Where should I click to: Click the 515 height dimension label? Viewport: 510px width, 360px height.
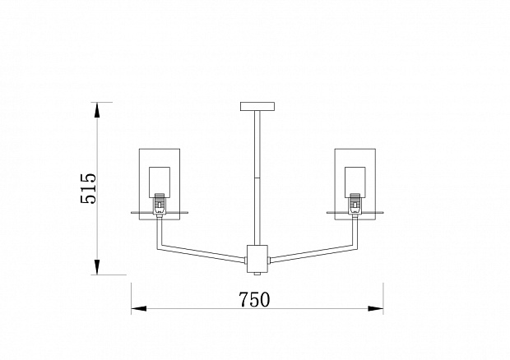coord(89,188)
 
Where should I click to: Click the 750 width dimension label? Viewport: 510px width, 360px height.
coord(254,299)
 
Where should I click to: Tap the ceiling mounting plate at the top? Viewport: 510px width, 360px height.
coord(257,106)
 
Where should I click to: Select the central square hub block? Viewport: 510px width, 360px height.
coord(257,259)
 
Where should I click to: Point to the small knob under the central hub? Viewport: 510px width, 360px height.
coord(257,275)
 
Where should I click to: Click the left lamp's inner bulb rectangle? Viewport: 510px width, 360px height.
coord(160,182)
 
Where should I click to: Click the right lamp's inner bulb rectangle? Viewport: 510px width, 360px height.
coord(355,182)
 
